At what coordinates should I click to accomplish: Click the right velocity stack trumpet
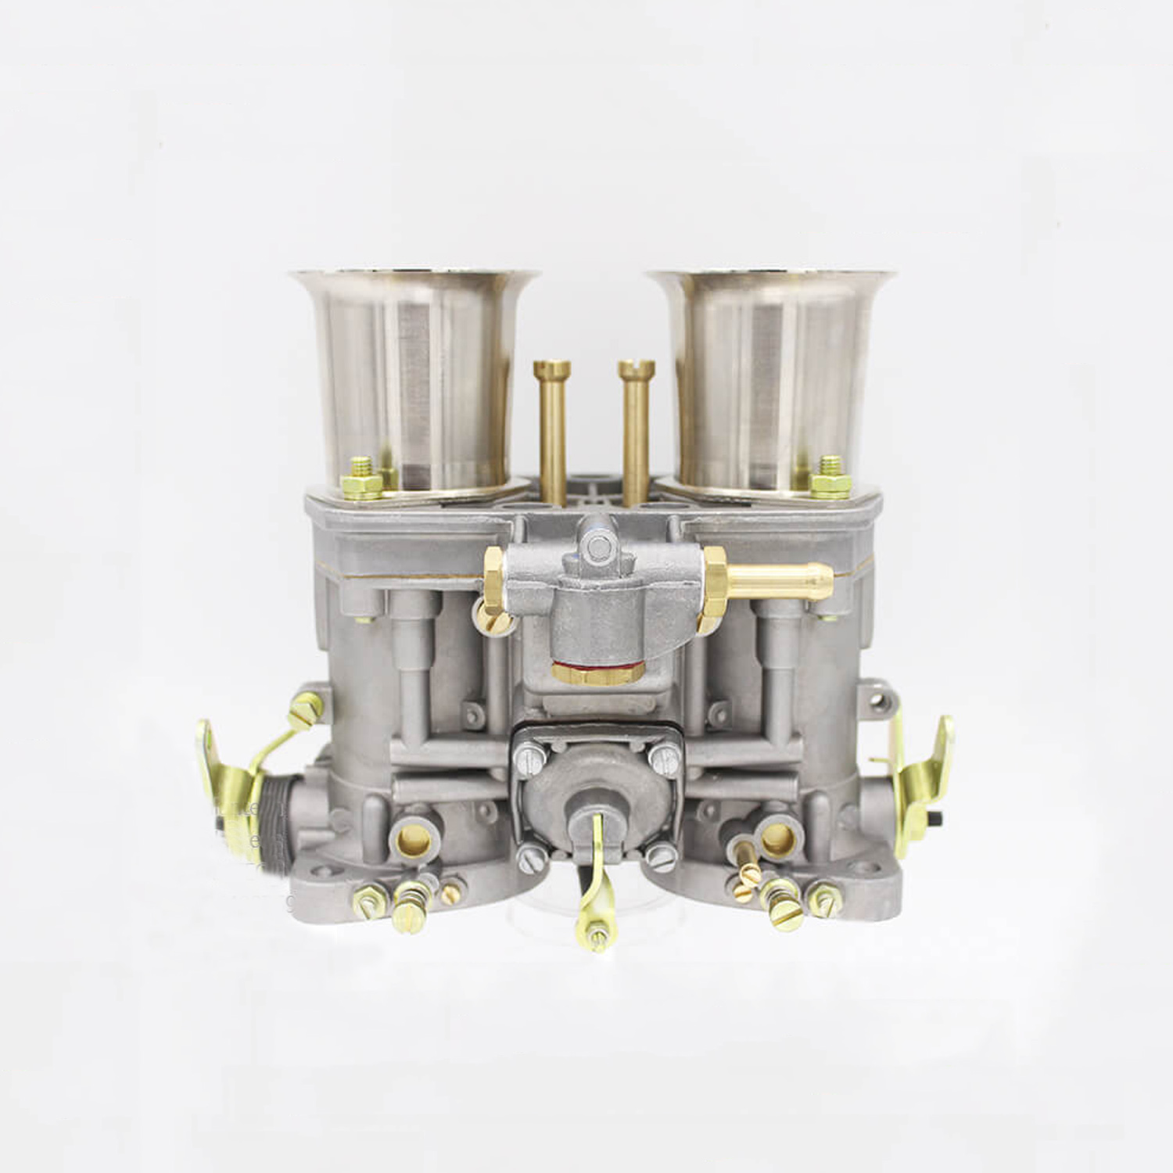coord(770,375)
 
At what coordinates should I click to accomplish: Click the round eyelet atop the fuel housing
coord(598,544)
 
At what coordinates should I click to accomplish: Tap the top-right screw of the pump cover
coord(665,755)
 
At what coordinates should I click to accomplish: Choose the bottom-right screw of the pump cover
coord(662,859)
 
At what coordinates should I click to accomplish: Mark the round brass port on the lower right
coord(777,839)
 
